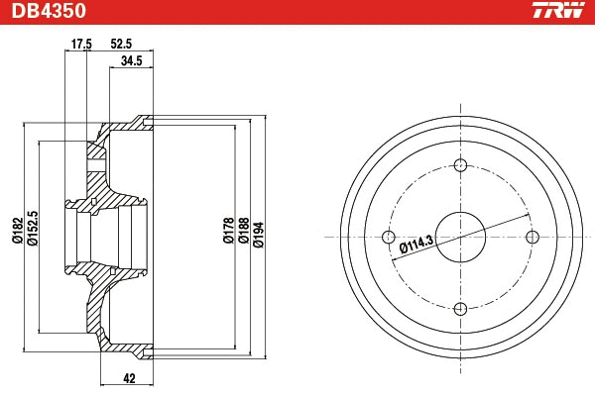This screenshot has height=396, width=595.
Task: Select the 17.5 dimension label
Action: tap(81, 45)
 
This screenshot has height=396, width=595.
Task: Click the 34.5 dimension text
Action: tap(131, 62)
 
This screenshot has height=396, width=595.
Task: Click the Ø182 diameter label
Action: tap(17, 230)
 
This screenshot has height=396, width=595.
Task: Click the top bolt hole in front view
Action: tap(459, 165)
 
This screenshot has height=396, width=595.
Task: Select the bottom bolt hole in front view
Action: tap(459, 308)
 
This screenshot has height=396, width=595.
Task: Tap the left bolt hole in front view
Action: tap(388, 237)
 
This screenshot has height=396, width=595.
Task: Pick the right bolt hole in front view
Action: tap(531, 237)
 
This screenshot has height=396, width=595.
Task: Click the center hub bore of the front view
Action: tap(459, 237)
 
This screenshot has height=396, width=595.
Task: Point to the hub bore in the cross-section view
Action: tap(99, 237)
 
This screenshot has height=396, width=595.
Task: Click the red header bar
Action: tap(297, 11)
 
